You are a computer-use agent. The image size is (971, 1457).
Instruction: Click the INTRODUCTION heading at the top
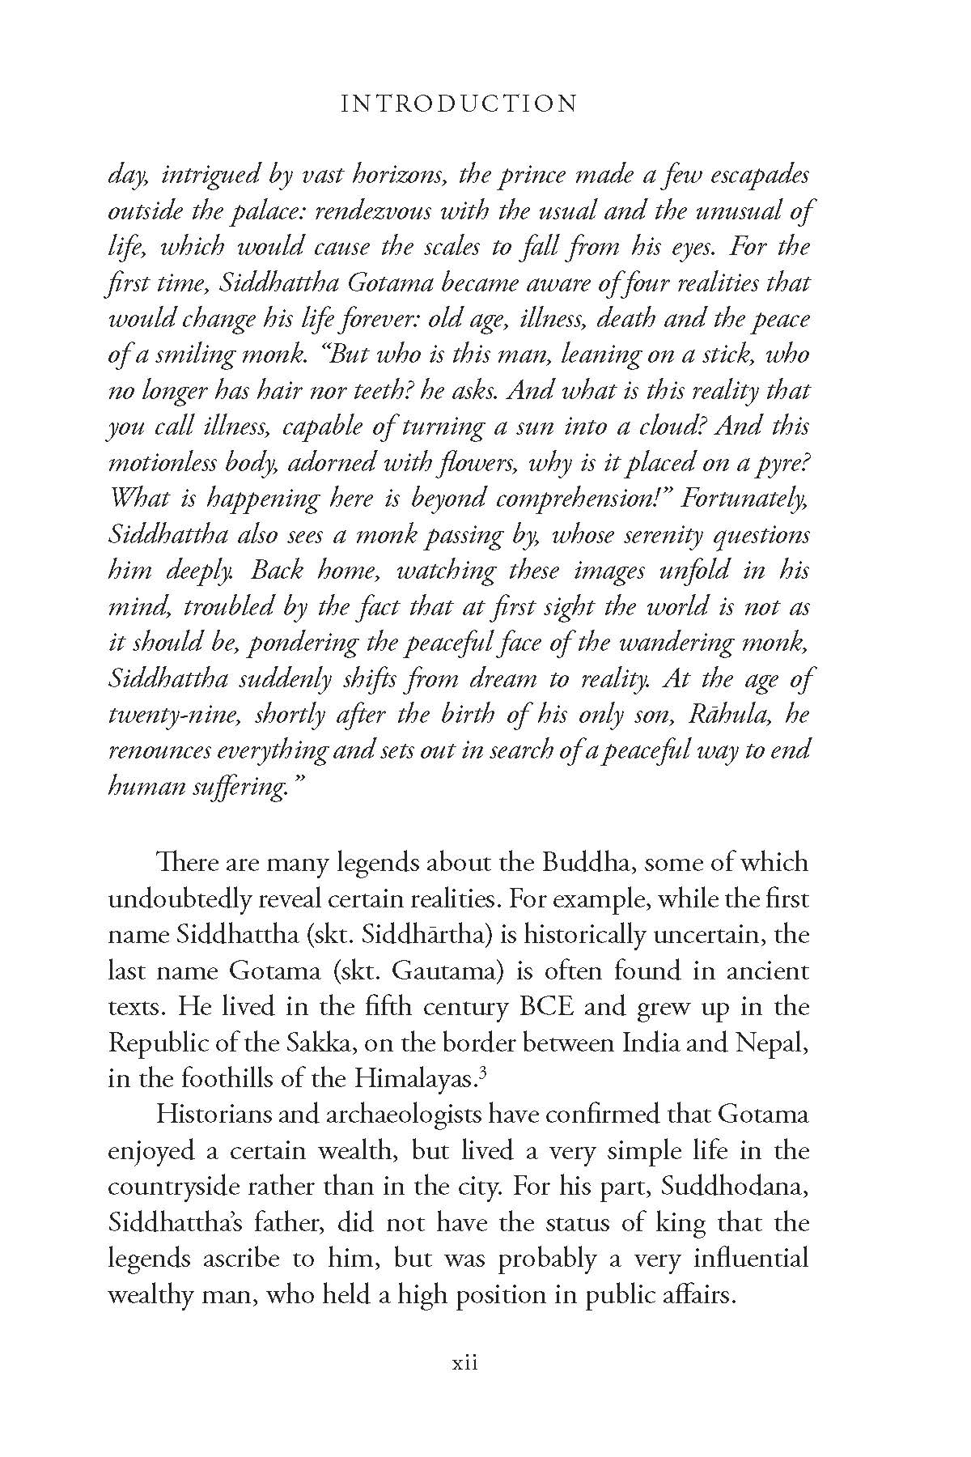(459, 104)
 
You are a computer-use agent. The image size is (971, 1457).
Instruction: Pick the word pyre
(782, 462)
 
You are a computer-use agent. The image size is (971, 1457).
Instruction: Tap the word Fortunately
(745, 497)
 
